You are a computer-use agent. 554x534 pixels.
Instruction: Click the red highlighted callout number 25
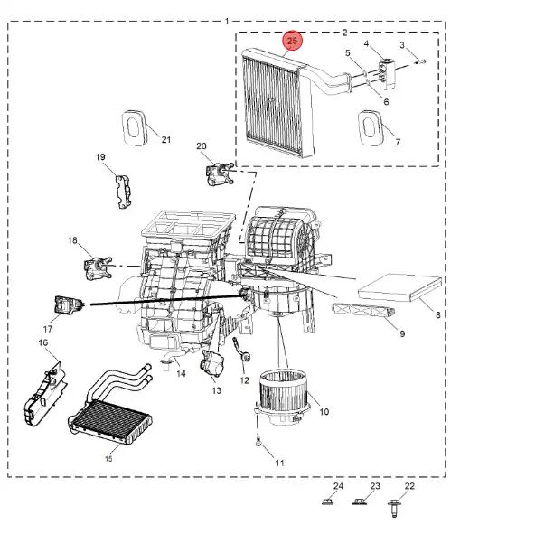[x=292, y=41]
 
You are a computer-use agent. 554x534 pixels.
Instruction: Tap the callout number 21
[x=165, y=139]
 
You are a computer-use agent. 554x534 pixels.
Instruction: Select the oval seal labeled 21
[x=136, y=127]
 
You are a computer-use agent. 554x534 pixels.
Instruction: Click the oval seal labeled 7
[x=371, y=126]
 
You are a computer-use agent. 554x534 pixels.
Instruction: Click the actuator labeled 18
[x=97, y=267]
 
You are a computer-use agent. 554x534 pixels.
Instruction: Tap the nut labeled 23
[x=362, y=502]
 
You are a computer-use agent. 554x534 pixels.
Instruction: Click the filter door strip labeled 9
[x=365, y=313]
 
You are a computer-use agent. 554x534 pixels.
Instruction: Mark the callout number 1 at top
[x=226, y=20]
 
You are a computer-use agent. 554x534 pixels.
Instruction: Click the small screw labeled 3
[x=420, y=61]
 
